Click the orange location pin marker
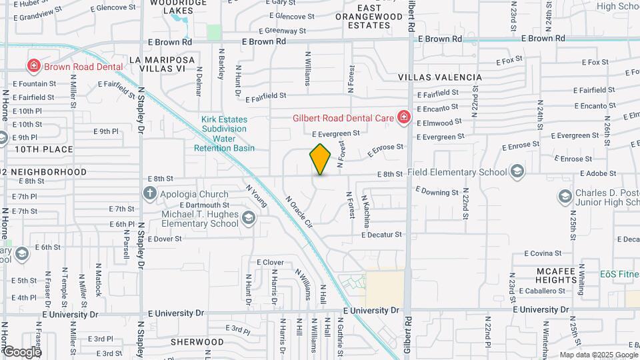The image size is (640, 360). click(320, 159)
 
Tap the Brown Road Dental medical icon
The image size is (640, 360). click(33, 66)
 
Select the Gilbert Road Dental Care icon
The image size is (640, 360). click(403, 118)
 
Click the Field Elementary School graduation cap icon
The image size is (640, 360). click(517, 172)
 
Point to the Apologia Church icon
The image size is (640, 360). click(150, 194)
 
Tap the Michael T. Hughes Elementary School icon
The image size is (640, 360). click(248, 218)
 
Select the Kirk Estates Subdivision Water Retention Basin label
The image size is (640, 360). click(224, 134)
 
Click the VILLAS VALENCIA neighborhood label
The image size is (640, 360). click(440, 77)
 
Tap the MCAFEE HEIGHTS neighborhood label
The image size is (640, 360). click(556, 275)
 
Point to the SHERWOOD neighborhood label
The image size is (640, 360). click(197, 341)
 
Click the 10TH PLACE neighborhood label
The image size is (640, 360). click(44, 149)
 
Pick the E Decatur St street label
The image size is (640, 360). click(382, 235)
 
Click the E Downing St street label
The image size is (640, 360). click(437, 191)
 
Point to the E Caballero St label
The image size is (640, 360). click(546, 291)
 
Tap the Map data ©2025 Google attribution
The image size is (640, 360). click(598, 355)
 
